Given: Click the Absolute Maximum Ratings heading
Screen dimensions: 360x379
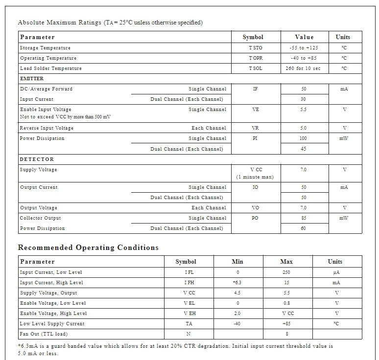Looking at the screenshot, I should point(110,22).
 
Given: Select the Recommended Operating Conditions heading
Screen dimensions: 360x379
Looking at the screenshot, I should point(88,247).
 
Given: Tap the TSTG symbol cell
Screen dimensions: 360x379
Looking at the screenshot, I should point(255,48).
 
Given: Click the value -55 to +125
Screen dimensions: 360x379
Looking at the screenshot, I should point(304,48).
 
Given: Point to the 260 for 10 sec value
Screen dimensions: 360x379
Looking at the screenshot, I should point(303,68).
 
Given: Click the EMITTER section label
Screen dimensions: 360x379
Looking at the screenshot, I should point(32,79).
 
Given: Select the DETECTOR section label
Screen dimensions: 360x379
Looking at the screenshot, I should point(37,159).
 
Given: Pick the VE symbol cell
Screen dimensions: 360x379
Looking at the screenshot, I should point(255,110).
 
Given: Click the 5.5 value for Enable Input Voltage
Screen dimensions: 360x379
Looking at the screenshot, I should point(304,110).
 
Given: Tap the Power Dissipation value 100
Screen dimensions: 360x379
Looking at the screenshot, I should point(303,138).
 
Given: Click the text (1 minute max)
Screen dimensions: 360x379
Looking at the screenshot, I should point(255,177).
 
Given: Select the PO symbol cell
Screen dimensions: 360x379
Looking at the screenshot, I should point(255,218).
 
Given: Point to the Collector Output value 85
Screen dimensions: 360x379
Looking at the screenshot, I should point(304,218).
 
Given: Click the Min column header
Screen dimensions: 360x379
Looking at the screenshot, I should point(237,262).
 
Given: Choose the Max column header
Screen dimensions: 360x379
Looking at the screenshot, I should point(286,262).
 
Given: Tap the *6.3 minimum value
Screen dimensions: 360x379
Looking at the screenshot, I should point(237,283).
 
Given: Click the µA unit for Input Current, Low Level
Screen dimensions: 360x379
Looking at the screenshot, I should point(336,272).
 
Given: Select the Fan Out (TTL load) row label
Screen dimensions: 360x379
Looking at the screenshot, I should point(44,334).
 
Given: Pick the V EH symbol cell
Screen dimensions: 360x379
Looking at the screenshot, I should point(189,314).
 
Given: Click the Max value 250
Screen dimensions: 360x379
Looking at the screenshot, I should point(286,272).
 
